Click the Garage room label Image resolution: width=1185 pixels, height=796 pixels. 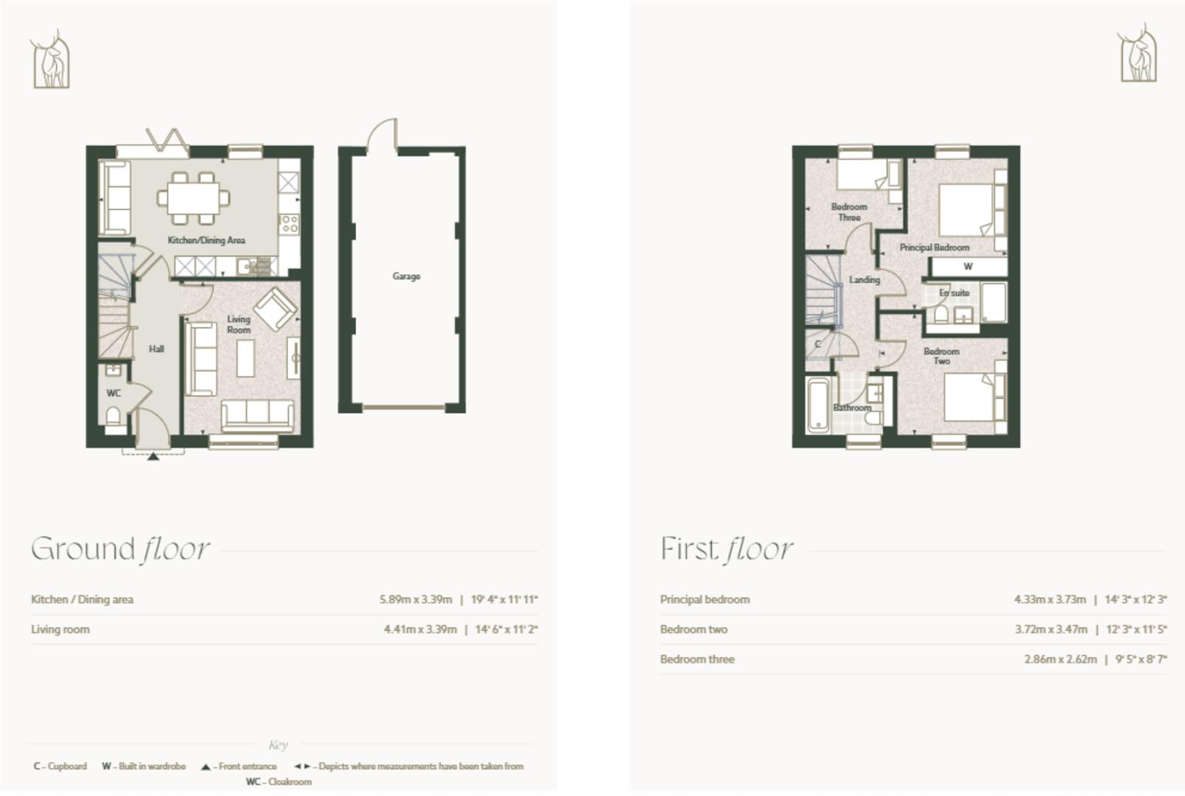click(406, 276)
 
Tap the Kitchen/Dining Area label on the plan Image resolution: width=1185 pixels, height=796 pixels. click(206, 240)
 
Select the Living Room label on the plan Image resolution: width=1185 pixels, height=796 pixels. click(238, 324)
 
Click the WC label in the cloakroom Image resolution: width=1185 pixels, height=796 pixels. click(113, 393)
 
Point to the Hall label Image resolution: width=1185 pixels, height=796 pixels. click(156, 349)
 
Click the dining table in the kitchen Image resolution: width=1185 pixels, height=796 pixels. click(193, 197)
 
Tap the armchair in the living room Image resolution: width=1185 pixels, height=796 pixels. click(274, 308)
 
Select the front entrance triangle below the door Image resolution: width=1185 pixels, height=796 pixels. click(153, 457)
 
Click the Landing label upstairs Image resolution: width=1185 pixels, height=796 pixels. click(864, 280)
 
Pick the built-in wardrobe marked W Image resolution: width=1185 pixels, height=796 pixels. click(968, 267)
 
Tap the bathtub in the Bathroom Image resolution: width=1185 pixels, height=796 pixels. click(817, 405)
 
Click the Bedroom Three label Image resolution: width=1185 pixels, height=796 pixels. click(849, 212)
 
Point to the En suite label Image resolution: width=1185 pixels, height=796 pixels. click(954, 293)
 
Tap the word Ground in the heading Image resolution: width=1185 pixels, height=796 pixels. click(83, 549)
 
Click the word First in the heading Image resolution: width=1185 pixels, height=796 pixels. click(688, 549)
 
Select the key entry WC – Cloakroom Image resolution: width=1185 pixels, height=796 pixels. click(279, 781)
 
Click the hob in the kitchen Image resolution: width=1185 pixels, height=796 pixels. click(289, 223)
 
